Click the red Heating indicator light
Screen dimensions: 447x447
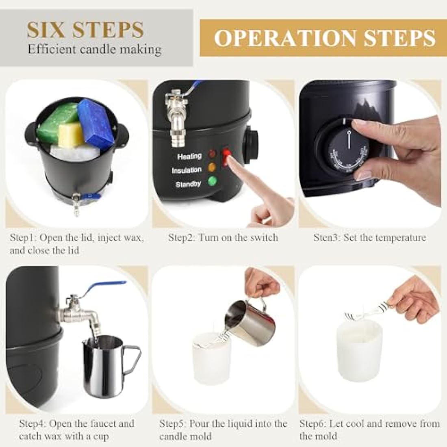[211, 154]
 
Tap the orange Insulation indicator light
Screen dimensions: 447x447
[211, 167]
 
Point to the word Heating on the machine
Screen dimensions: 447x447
[189, 156]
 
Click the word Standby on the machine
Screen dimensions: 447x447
[188, 184]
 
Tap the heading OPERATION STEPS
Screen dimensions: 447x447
[324, 38]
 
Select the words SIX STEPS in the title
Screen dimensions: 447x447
[85, 30]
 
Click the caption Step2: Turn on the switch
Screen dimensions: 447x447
[223, 237]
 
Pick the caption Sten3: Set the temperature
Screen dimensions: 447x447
[369, 237]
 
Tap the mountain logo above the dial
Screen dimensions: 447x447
[366, 108]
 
